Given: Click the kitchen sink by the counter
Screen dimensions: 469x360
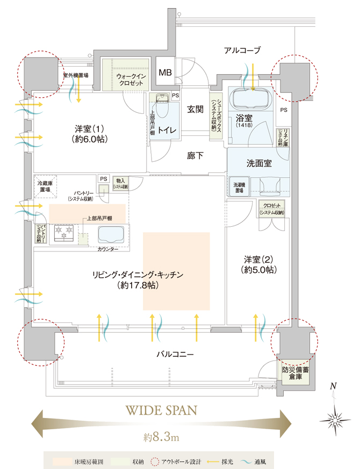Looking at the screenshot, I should (111, 234).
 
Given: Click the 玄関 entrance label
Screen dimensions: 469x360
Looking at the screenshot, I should (195, 109).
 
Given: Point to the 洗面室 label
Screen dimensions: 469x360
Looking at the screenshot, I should (259, 163).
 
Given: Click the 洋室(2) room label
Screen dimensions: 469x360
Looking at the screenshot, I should (259, 264).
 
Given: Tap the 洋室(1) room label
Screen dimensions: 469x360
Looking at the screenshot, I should (90, 133).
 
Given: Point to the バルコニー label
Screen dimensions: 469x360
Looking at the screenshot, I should (175, 355).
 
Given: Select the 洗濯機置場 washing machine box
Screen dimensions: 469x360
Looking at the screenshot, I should (240, 188).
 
